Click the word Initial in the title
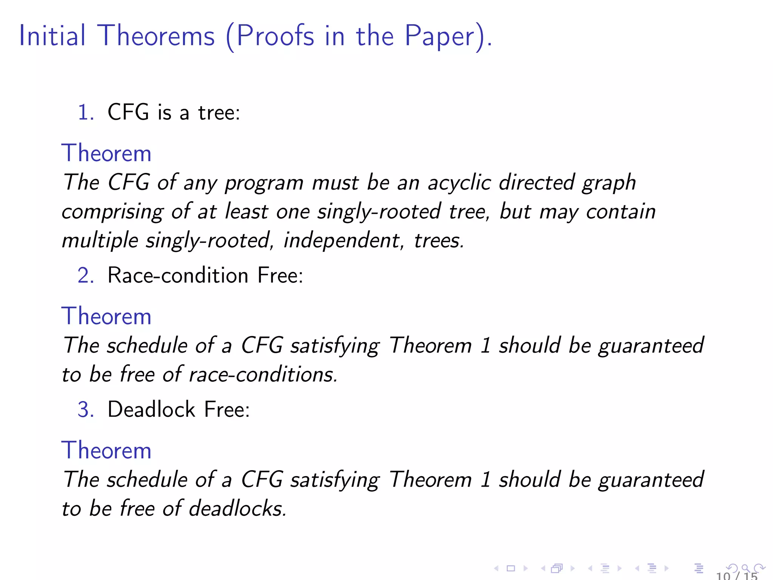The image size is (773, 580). [52, 36]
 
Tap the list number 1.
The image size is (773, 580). [85, 113]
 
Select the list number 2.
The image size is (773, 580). [85, 275]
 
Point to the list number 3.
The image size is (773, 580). [85, 409]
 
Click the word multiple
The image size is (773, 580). [100, 241]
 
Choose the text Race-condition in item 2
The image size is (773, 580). [178, 275]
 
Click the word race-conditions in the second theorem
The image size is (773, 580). [263, 375]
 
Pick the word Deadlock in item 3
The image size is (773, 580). [151, 409]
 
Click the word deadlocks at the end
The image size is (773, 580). [237, 508]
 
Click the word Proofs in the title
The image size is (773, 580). [275, 36]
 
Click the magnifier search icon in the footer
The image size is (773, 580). [745, 568]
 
